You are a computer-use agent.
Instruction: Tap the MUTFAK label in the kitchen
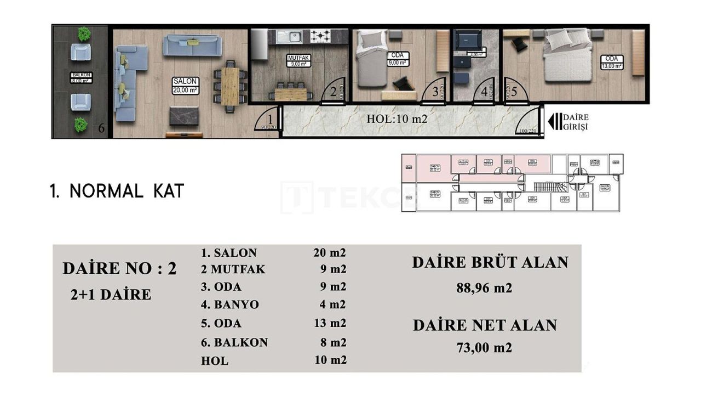(299, 60)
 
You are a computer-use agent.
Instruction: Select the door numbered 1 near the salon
(268, 120)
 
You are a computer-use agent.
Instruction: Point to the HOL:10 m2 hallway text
(397, 119)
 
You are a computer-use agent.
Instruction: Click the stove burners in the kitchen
(320, 36)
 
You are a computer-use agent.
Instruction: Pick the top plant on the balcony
(84, 34)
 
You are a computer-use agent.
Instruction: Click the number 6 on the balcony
(101, 129)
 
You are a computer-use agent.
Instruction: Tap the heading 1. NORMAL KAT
(117, 191)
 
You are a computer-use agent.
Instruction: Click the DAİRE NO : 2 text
(119, 268)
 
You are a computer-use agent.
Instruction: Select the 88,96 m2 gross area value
(484, 287)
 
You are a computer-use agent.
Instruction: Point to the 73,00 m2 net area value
(484, 347)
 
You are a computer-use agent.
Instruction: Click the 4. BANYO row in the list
(230, 304)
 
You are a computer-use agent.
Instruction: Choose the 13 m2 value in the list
(330, 323)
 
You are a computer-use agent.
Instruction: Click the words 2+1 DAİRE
(111, 295)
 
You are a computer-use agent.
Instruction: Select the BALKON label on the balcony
(81, 78)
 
